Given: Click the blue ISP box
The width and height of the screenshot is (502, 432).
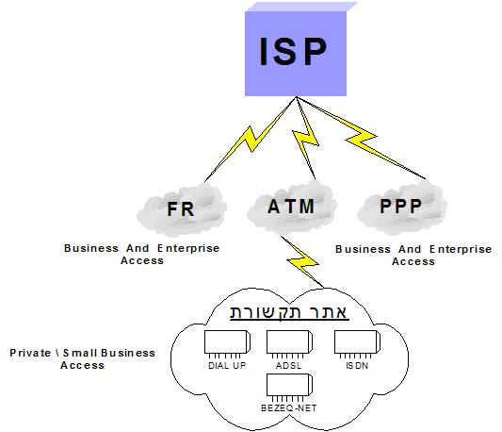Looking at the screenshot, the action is point(296,53).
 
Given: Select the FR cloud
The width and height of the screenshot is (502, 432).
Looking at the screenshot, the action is point(182,208).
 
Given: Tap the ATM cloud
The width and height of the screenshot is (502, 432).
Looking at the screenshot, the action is point(291,206).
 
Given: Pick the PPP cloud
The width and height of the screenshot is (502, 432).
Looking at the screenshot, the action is point(402,207).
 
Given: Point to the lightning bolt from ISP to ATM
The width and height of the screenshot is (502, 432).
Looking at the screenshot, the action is point(305,137).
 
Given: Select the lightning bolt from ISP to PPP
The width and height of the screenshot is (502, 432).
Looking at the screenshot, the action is point(362,138).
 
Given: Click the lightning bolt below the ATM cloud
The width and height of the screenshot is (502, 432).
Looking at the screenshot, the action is point(302,261).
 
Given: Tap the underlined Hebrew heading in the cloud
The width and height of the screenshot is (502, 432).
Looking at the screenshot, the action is point(289,312).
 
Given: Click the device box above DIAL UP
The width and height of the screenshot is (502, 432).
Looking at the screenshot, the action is point(227,342).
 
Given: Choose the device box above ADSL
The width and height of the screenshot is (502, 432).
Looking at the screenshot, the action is point(289,342).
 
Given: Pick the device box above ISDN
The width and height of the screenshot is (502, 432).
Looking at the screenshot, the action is point(357,342).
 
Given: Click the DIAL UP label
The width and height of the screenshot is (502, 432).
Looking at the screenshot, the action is point(227,366).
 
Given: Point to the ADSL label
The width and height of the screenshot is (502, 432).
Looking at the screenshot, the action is point(288,366).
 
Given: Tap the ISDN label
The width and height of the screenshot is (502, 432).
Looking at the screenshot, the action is point(357,366).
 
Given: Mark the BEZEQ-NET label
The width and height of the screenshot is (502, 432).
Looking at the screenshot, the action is point(289,408).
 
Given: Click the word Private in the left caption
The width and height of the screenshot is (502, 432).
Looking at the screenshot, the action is point(30,353).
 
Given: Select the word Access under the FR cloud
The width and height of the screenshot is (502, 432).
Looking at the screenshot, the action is point(142,260).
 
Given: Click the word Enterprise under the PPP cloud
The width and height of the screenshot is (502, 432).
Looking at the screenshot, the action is point(461,250).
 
